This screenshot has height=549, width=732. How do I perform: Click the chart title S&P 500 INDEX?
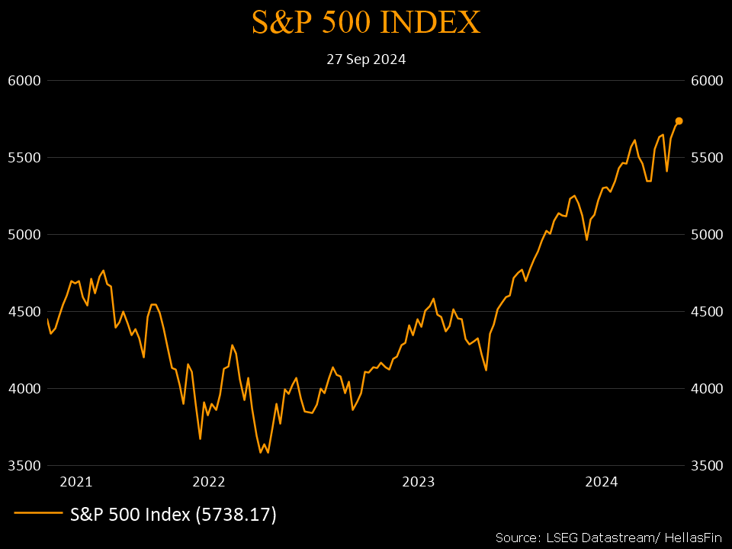coord(366,23)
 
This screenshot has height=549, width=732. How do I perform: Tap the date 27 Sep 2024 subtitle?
coord(366,59)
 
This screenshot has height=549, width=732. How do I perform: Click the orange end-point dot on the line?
coord(679,120)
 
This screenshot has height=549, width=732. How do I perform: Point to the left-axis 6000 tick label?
coord(24,81)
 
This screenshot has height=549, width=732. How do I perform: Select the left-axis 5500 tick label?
coord(24,158)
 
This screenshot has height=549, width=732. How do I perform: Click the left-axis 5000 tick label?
coord(24,235)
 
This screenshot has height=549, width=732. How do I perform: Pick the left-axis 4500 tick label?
coord(24,312)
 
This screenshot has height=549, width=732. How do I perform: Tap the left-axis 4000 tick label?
coord(24,389)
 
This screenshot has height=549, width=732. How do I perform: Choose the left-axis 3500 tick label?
coord(24,466)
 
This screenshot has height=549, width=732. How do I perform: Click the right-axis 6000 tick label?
coord(706,81)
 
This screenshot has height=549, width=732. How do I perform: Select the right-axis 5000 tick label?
coord(706,235)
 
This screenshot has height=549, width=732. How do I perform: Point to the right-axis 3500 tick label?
coord(706,466)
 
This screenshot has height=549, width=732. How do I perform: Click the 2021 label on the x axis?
coord(76,481)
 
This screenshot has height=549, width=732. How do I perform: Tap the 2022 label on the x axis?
coord(209,481)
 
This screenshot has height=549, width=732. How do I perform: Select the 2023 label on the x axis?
coord(418,481)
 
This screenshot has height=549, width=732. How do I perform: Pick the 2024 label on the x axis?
coord(601,481)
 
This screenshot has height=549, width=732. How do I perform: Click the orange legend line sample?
coord(38,515)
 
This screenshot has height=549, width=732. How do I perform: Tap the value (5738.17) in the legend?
coord(236,515)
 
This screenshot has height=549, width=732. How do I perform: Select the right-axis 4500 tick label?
coord(706,312)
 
